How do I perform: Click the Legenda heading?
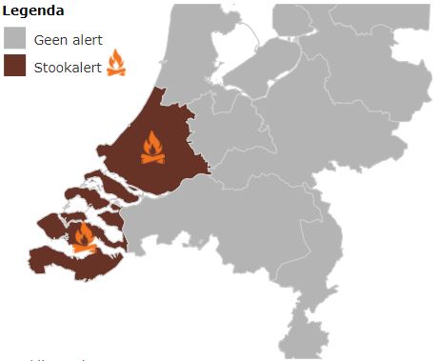tap(32, 11)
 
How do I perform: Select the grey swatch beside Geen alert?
tap(13, 39)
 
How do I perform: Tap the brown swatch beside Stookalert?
tap(13, 67)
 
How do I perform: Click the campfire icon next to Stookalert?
tap(115, 64)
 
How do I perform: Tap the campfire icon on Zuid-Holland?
tap(151, 148)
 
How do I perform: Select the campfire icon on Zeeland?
tap(84, 237)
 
